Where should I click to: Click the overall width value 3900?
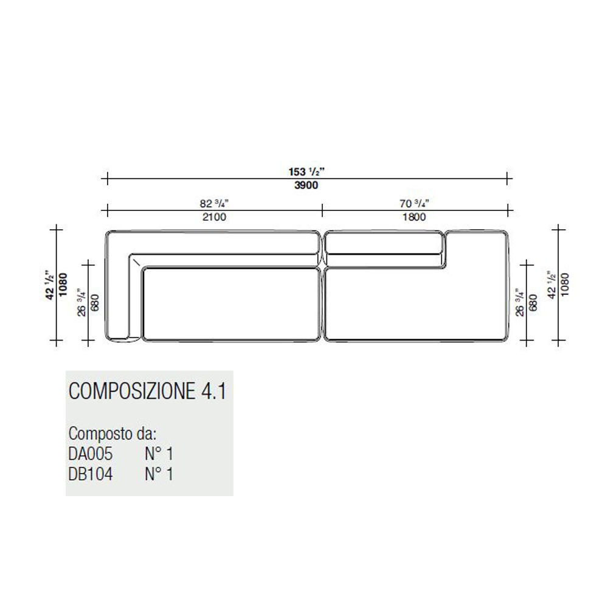pyautogui.click(x=306, y=185)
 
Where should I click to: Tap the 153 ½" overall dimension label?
pyautogui.click(x=306, y=171)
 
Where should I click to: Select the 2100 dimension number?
pyautogui.click(x=214, y=217)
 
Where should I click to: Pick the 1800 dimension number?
pyautogui.click(x=413, y=217)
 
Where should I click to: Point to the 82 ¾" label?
pyautogui.click(x=214, y=203)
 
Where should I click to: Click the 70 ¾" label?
pyautogui.click(x=414, y=203)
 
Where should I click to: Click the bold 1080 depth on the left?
pyautogui.click(x=63, y=285)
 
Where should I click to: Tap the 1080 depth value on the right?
pyautogui.click(x=565, y=285)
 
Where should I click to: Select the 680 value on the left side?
pyautogui.click(x=95, y=303)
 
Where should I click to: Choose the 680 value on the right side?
pyautogui.click(x=533, y=303)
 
